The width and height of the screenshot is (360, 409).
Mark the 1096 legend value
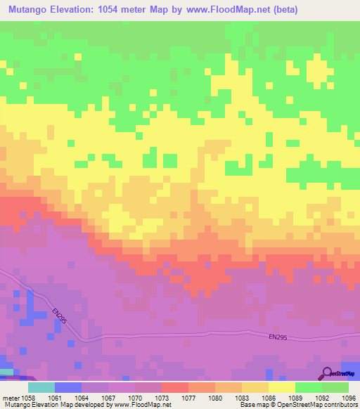pos(348,397)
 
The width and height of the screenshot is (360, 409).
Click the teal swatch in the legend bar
pos(41,387)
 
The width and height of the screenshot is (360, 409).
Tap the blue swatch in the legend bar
pos(68,387)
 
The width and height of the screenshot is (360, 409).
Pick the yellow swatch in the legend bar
pos(281,387)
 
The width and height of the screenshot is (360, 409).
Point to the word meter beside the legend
pos(12,397)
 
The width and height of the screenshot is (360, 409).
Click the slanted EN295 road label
pos(59,315)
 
